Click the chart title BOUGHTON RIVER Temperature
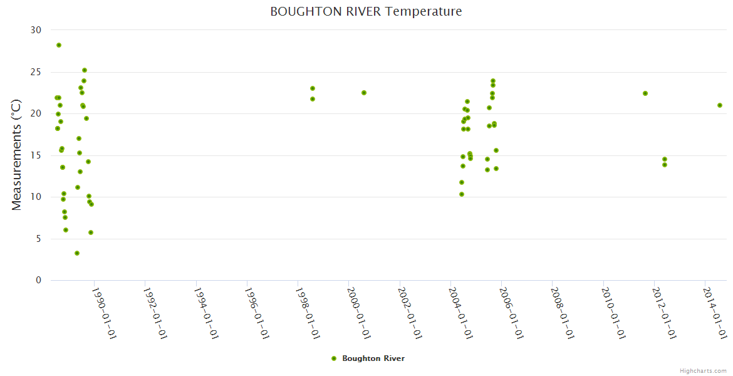[x=366, y=11]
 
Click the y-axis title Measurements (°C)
[x=17, y=154]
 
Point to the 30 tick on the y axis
[x=36, y=30]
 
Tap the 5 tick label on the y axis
[x=38, y=239]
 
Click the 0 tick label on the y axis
[x=38, y=280]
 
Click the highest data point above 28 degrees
[x=59, y=45]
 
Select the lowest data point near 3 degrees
[x=77, y=253]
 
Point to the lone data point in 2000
[x=364, y=93]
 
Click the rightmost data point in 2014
[x=720, y=105]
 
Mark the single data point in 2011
[x=645, y=93]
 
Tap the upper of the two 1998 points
[x=313, y=88]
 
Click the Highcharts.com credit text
[x=704, y=371]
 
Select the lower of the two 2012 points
[x=665, y=165]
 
